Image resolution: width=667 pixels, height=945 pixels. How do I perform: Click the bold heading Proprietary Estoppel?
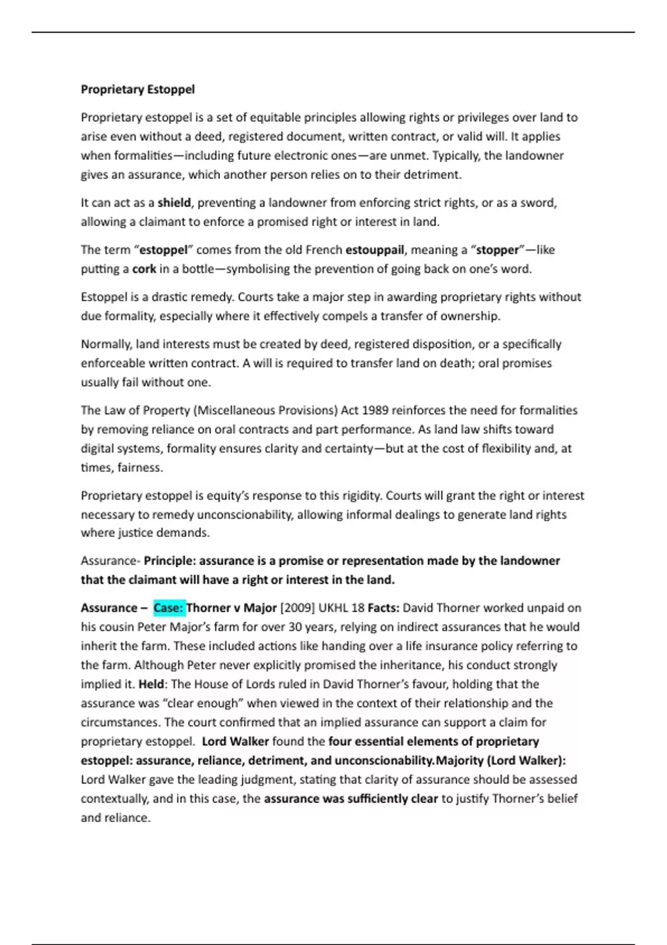click(137, 89)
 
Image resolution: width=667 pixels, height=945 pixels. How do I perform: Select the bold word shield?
click(174, 203)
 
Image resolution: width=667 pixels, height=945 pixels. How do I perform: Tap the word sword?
click(539, 203)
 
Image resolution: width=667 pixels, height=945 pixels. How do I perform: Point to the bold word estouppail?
click(375, 250)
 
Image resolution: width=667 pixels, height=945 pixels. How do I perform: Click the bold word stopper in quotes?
click(497, 250)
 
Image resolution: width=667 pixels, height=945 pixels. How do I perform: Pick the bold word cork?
click(144, 269)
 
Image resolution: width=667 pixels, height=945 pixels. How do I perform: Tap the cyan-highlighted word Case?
click(168, 608)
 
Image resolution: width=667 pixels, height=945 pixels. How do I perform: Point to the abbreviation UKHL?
click(333, 608)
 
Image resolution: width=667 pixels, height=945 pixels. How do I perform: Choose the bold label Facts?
click(384, 608)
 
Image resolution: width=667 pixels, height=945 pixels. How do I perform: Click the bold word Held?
click(151, 684)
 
